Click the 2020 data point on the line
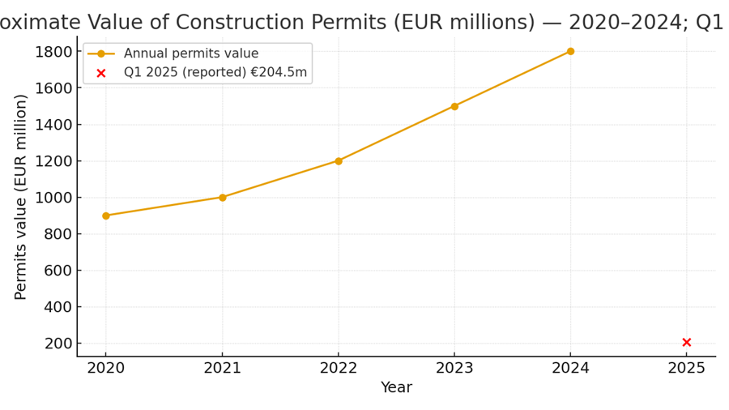[x=106, y=216]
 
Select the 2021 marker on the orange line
[x=222, y=197]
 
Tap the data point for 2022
[x=339, y=160]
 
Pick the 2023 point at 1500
[x=454, y=106]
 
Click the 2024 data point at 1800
[x=570, y=51]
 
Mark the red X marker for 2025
[x=687, y=342]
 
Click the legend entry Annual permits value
[x=190, y=54]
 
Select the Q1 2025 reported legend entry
[x=215, y=73]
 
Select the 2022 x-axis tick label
[x=339, y=369]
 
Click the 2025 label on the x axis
[x=687, y=369]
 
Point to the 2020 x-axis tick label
[x=106, y=369]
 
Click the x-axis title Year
[x=396, y=388]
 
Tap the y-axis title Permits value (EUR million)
[x=21, y=197]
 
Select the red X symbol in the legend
[x=101, y=73]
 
